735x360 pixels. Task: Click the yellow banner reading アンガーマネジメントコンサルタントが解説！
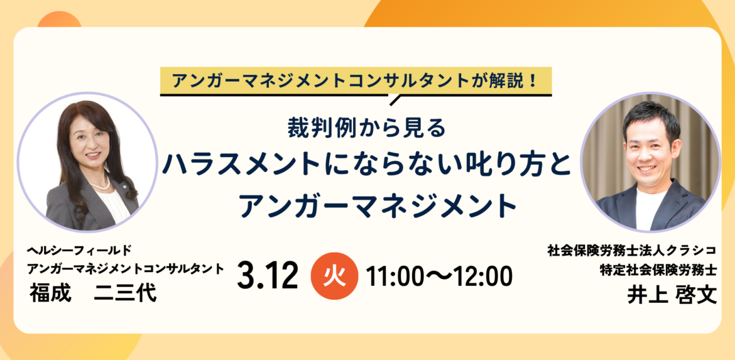[356, 80]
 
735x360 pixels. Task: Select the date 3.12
[268, 276]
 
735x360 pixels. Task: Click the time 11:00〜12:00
[439, 276]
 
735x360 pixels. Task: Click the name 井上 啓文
[672, 295]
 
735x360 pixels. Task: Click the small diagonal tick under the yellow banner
[395, 100]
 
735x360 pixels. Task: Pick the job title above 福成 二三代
[126, 269]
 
